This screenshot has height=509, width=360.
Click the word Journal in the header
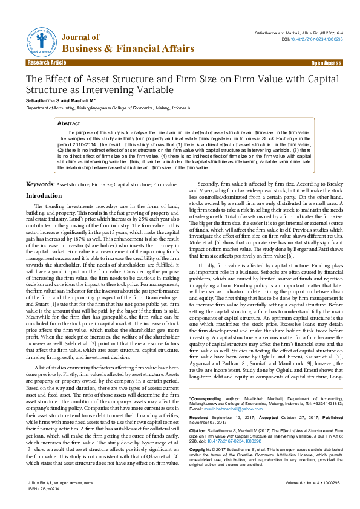point(77,37)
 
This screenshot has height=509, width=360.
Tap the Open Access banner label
point(326,63)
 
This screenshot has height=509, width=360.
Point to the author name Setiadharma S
point(43,100)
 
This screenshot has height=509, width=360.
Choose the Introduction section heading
point(44,196)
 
